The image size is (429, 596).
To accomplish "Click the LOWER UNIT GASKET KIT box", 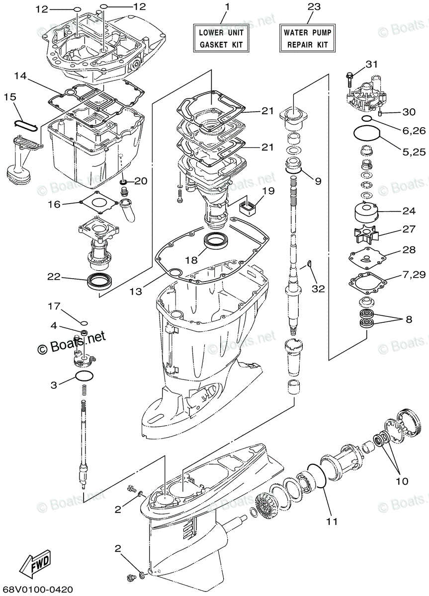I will (x=221, y=38).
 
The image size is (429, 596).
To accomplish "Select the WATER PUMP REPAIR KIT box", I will (x=307, y=38).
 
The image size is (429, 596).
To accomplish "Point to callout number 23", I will (x=314, y=7).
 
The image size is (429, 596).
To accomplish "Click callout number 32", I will (x=318, y=288).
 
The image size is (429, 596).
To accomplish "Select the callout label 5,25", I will (x=412, y=152).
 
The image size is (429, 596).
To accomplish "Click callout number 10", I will (x=402, y=481).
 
